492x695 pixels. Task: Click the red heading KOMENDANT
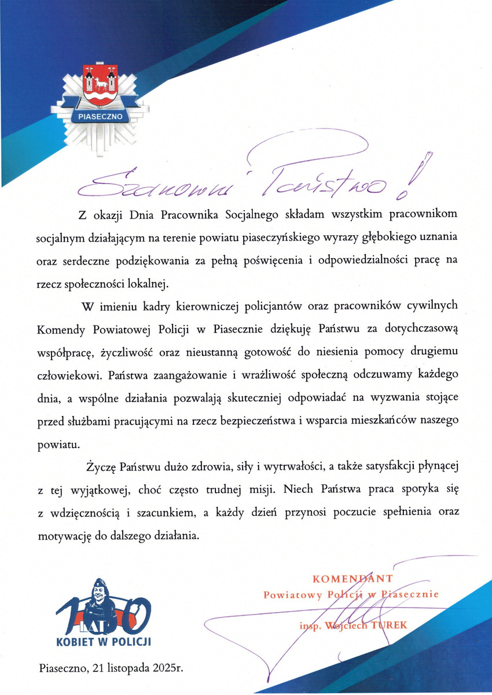353,578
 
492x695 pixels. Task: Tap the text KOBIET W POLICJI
104,641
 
